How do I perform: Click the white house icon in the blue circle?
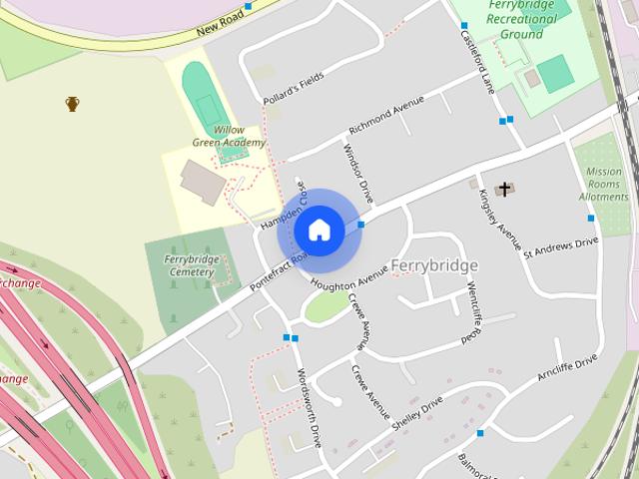pos(319,230)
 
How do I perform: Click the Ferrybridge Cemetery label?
pos(190,265)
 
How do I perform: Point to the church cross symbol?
pos(505,188)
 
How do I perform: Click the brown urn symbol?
pos(72,103)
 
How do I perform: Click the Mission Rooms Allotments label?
pos(604,185)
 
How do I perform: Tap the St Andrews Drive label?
pos(561,246)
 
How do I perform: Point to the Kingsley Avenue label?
pos(501,220)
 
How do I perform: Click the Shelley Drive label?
pos(417,413)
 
